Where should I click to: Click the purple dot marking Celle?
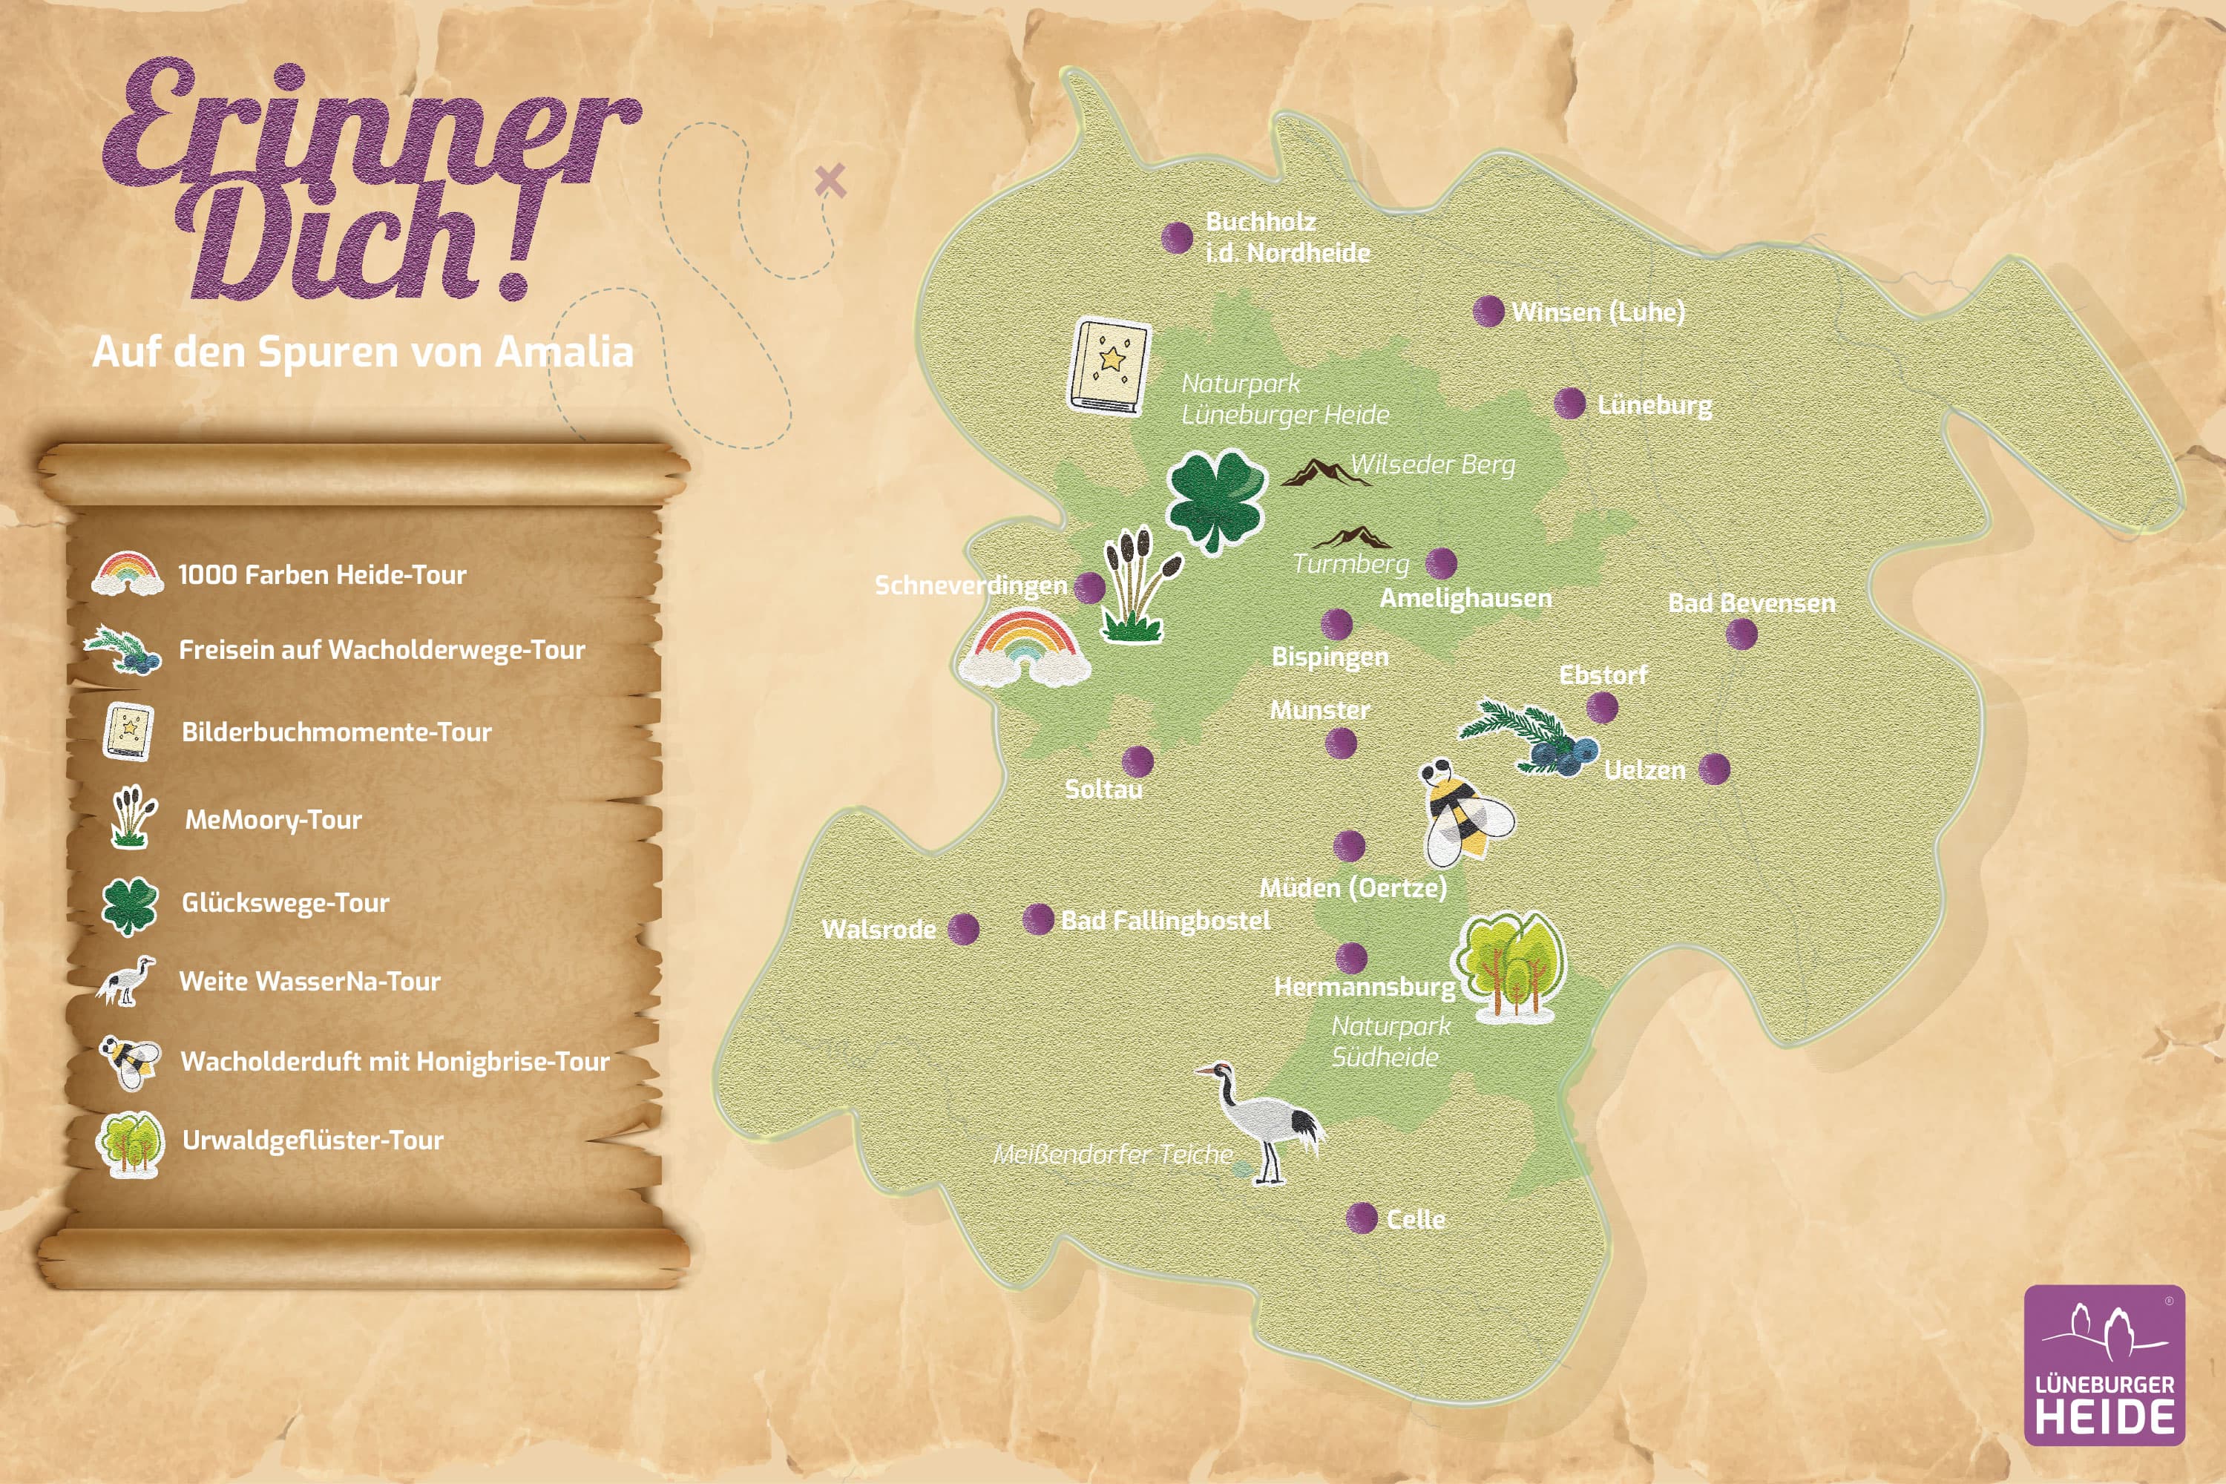pos(1361,1218)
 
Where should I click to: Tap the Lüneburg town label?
pos(1655,405)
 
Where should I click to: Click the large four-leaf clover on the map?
pos(1216,499)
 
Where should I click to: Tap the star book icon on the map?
pos(1109,365)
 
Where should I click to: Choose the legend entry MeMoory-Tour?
pos(272,820)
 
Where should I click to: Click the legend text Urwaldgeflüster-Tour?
pos(312,1140)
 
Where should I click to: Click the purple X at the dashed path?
pos(830,180)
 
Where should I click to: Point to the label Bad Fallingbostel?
pos(1165,920)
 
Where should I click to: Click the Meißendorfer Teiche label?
pos(1112,1154)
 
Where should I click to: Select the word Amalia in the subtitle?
pos(564,352)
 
